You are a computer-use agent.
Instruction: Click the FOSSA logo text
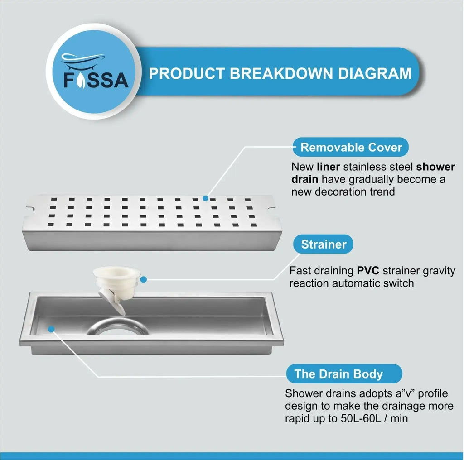click(x=96, y=80)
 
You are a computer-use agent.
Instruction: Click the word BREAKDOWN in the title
click(x=281, y=74)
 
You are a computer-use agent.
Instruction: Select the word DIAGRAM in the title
click(x=375, y=74)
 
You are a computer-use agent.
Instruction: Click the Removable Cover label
click(x=351, y=147)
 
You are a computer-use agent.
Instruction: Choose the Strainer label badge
click(x=323, y=244)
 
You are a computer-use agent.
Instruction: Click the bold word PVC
click(x=368, y=270)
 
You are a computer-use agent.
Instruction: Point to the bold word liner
click(x=328, y=167)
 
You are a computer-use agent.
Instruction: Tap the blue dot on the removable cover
click(x=205, y=198)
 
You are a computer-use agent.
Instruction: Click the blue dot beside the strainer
click(x=144, y=279)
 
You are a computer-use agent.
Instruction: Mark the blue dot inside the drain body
click(x=51, y=329)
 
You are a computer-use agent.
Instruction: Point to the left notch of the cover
click(x=31, y=209)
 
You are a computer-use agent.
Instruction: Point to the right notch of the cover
click(x=272, y=209)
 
